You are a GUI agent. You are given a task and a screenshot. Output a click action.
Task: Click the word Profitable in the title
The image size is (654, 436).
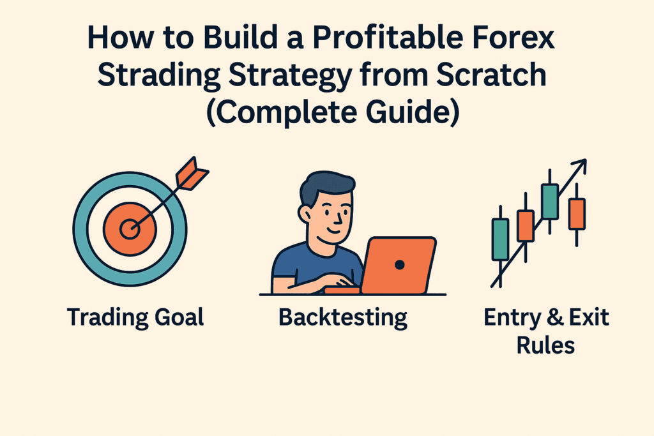pos(388,38)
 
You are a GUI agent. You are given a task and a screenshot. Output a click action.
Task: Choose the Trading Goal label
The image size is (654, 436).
pos(135,318)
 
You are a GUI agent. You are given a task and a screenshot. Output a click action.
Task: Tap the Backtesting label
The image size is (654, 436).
pos(343,319)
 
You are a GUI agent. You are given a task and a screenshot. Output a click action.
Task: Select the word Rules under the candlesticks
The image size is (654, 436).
pos(545,345)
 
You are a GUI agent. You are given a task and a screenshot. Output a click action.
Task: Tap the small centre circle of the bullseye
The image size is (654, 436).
pos(130,229)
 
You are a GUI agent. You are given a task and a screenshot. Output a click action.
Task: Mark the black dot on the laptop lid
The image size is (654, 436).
pos(400,264)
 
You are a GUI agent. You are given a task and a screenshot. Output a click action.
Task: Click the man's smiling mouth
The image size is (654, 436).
pos(332,230)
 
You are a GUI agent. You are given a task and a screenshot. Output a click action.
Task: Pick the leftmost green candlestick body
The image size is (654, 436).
pos(500,239)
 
